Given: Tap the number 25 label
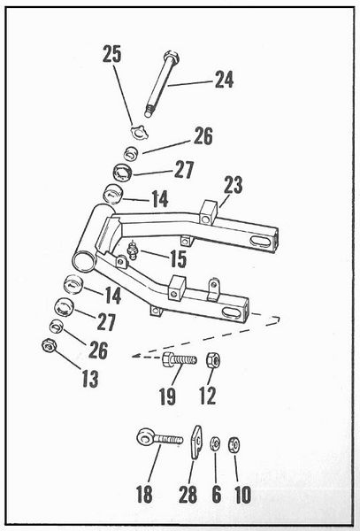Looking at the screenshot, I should point(111,55).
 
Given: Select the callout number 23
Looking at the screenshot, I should point(233,186).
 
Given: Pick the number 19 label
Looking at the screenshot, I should point(167,396).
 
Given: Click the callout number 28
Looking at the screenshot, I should point(188,493).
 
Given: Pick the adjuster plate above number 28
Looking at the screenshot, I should point(196,440).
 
